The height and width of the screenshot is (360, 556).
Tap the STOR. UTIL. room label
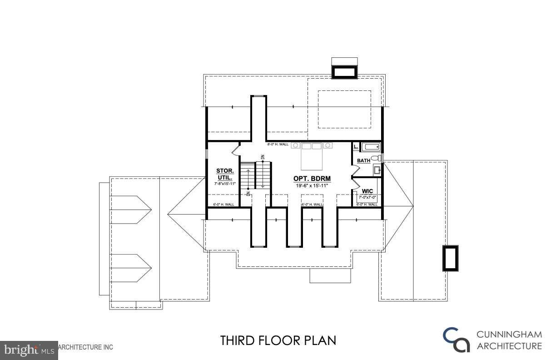(225, 174)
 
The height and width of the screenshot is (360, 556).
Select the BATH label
(363, 160)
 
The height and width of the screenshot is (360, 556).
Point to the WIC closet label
(367, 191)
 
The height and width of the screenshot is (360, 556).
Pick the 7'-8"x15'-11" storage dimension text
(225, 184)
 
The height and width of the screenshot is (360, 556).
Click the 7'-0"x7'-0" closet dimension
(367, 198)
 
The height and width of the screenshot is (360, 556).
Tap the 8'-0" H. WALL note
(278, 144)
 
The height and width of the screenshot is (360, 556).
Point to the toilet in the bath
(376, 159)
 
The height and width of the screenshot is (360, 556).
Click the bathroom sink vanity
(377, 170)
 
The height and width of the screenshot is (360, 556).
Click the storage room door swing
(236, 150)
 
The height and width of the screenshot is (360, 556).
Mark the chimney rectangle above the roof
(345, 72)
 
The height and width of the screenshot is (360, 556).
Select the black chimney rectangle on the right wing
(450, 259)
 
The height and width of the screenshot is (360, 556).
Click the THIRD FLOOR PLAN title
(278, 340)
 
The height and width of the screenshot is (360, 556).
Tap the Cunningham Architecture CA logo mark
(457, 340)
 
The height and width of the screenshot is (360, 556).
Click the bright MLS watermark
(29, 350)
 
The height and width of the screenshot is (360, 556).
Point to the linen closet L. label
(356, 147)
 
